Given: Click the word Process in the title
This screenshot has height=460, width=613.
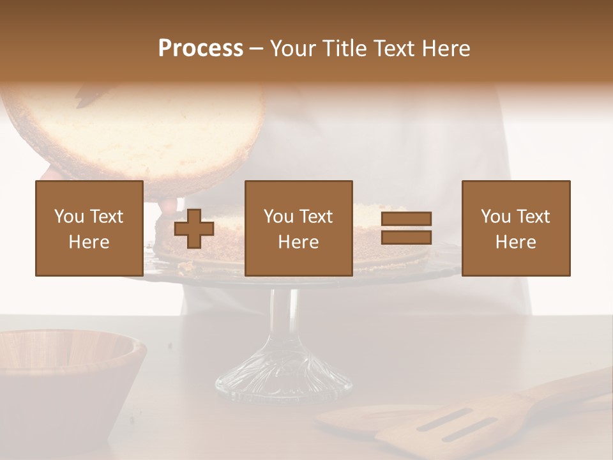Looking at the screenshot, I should click(201, 49).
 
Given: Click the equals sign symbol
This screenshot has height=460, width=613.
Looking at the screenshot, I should click(406, 228).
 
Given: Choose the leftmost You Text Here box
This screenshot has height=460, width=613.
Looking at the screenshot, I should click(89, 228).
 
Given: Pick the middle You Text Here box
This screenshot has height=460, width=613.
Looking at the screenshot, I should click(298, 228).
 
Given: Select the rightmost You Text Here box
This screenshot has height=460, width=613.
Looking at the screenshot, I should click(515, 228).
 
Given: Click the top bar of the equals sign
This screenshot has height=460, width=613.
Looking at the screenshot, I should click(406, 218).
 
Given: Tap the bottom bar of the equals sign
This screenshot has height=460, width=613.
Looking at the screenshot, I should click(406, 238).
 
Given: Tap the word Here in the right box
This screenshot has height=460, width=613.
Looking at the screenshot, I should click(515, 242).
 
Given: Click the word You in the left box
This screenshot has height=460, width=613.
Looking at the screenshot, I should click(69, 217).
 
